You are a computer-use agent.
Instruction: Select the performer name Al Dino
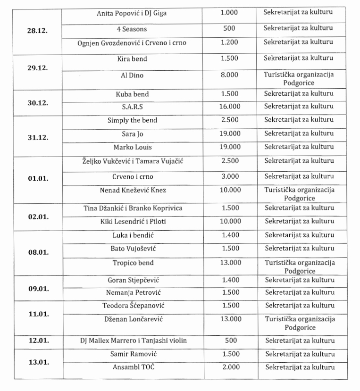click(x=132, y=75)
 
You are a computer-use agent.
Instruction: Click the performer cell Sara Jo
click(x=132, y=133)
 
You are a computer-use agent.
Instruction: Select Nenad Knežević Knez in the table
click(x=132, y=190)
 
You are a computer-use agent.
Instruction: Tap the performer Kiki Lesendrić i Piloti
click(x=132, y=221)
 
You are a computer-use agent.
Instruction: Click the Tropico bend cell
click(x=132, y=263)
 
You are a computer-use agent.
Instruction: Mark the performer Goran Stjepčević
click(x=132, y=280)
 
